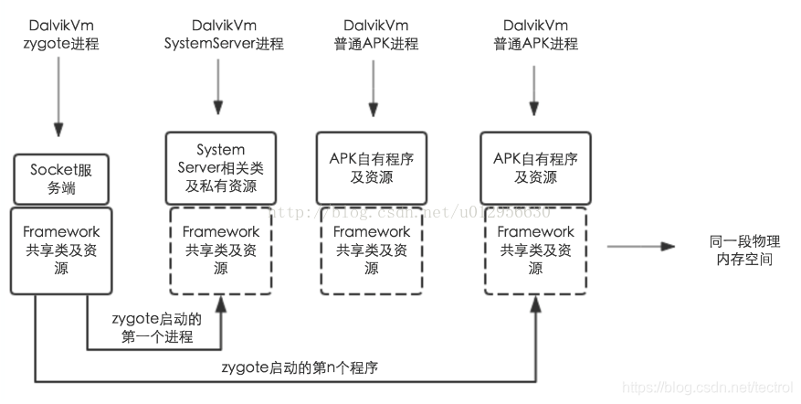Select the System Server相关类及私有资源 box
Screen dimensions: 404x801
[x=220, y=168]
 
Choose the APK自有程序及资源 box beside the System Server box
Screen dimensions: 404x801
[x=371, y=168]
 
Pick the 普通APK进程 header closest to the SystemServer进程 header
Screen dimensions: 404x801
[x=371, y=35]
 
